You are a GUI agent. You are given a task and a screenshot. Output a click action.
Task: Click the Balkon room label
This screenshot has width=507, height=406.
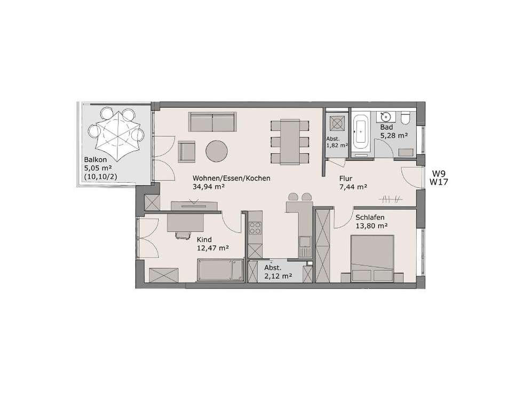click(96, 159)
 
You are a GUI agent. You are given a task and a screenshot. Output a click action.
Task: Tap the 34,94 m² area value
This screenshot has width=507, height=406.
click(209, 187)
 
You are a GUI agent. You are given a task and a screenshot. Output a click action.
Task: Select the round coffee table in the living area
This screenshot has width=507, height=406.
click(217, 151)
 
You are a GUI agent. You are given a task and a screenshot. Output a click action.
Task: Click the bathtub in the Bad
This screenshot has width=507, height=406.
click(360, 132)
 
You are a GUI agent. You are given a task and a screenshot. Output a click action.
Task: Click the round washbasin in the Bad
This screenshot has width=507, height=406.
click(385, 115)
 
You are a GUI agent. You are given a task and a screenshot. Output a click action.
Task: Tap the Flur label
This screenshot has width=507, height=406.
click(346, 178)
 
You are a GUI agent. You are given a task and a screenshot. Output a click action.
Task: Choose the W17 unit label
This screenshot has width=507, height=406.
click(439, 182)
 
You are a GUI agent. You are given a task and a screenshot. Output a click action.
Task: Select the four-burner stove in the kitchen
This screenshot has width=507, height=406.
click(255, 228)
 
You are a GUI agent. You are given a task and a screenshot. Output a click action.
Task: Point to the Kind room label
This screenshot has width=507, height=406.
click(204, 239)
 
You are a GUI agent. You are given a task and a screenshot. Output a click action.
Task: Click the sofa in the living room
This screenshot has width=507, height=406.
click(212, 122)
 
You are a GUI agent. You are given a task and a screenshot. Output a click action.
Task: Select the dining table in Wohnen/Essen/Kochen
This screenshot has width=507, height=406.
click(290, 142)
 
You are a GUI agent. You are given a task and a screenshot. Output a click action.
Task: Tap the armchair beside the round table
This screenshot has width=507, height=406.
click(187, 151)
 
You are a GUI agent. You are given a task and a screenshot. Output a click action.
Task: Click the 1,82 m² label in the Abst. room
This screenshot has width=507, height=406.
click(337, 145)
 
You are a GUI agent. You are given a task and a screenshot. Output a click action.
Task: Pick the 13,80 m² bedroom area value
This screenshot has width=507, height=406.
click(372, 226)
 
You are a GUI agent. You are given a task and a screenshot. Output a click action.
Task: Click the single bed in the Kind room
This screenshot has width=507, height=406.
click(220, 270)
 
